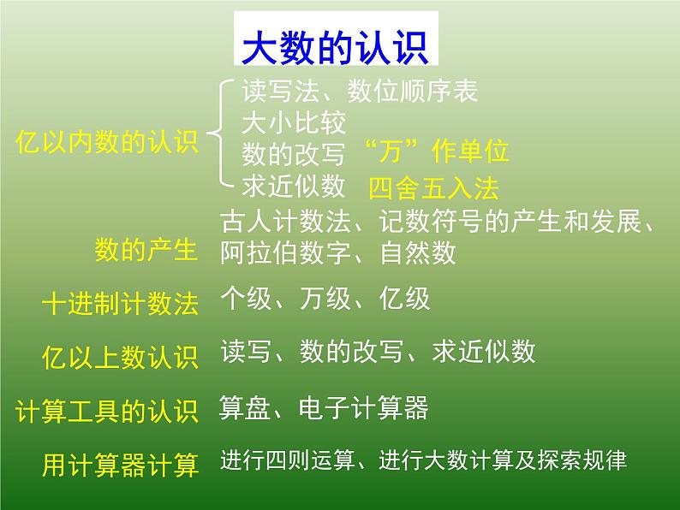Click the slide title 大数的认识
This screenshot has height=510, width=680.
tap(335, 49)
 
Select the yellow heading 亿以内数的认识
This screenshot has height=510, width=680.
tap(107, 142)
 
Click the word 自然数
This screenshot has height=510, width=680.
tap(417, 252)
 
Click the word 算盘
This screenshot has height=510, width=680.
tap(246, 407)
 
